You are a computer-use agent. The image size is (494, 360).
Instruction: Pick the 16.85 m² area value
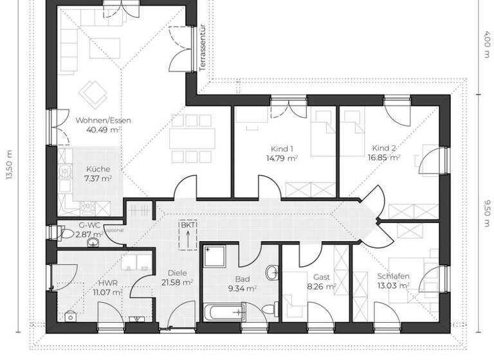tap(383, 156)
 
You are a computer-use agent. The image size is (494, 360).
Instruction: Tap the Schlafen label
tap(394, 276)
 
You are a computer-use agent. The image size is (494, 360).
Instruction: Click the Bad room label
tap(242, 279)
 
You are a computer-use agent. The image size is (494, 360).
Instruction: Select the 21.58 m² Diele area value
tap(178, 282)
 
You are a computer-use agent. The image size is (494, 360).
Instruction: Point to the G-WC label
tap(89, 226)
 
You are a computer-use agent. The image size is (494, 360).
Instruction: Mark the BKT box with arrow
tap(187, 236)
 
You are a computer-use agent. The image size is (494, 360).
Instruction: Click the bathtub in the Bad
tap(225, 313)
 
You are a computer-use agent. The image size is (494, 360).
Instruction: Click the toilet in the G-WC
tap(69, 235)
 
